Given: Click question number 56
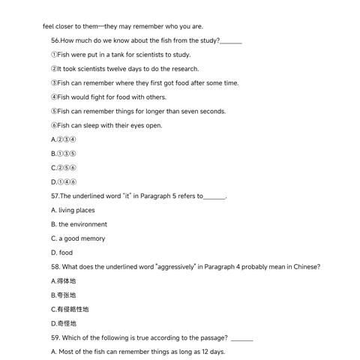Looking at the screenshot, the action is click(x=55, y=40).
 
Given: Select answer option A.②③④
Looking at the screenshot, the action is click(x=64, y=139).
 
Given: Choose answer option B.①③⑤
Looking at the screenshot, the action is click(x=64, y=154).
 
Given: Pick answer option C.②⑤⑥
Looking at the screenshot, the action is click(x=64, y=167).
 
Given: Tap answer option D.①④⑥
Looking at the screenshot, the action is click(x=64, y=181).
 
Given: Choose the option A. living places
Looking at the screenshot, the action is click(x=73, y=210).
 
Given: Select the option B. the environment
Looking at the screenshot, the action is click(x=79, y=224).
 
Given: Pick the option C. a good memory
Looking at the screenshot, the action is click(x=78, y=238).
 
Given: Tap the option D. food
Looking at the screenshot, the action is click(x=61, y=253).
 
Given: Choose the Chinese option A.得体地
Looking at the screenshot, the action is click(x=64, y=280).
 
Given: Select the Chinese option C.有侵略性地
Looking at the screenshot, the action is click(x=70, y=309).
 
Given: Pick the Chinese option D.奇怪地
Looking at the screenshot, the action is click(x=64, y=323).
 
